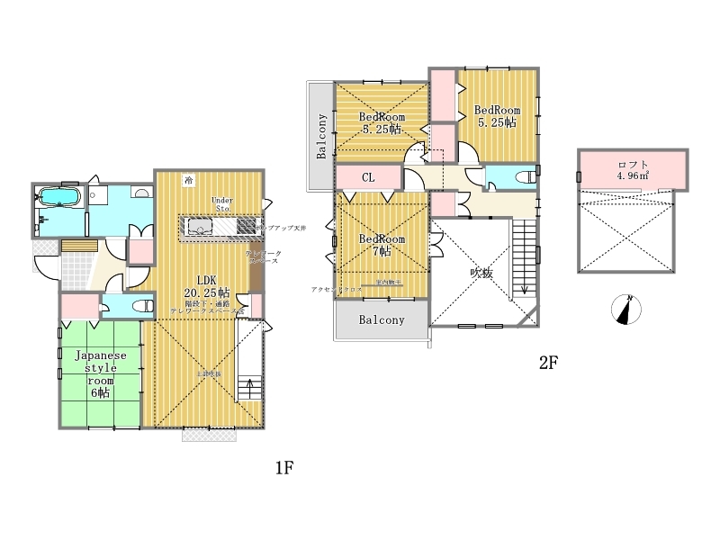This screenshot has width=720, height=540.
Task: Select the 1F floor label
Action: [284, 468]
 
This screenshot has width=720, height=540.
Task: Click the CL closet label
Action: [368, 177]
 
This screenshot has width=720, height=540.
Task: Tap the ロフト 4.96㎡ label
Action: [633, 169]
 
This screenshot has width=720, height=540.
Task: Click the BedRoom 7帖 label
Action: [382, 246]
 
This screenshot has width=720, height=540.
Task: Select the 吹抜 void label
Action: [481, 274]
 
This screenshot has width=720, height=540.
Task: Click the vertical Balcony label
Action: [321, 136]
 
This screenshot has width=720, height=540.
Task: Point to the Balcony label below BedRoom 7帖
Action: [382, 320]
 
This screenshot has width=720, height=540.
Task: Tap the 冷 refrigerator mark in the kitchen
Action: [188, 179]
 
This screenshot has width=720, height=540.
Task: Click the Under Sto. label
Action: [221, 203]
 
